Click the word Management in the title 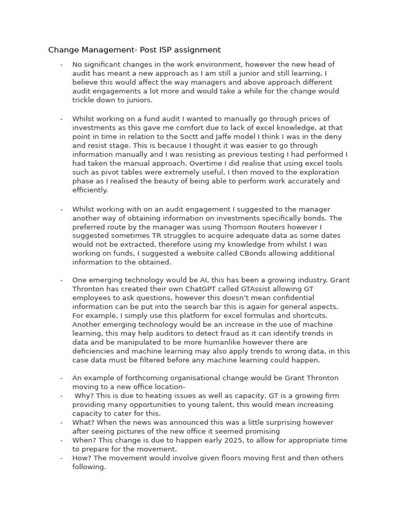[x=103, y=50]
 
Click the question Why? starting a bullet [x=84, y=396]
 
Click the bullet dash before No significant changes [x=61, y=65]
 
